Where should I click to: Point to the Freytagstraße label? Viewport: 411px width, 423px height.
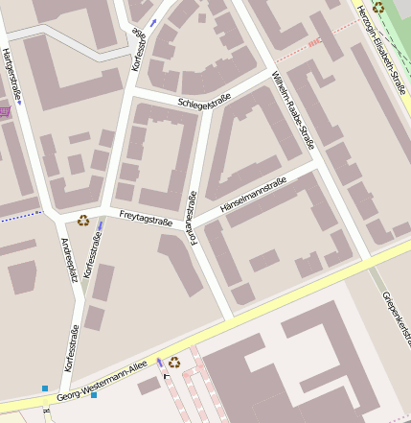(x=146, y=218)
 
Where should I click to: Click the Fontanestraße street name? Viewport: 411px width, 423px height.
(x=193, y=219)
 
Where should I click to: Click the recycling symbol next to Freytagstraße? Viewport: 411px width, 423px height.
(x=83, y=220)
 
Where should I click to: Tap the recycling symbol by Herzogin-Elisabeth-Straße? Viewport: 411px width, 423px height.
(x=378, y=7)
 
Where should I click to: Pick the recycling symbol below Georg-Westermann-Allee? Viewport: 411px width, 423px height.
(x=173, y=362)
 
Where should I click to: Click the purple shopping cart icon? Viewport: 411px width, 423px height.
(x=5, y=112)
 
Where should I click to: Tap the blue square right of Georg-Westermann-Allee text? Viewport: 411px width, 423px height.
(x=94, y=394)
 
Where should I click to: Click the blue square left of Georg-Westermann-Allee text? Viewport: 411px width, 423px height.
(x=45, y=388)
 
